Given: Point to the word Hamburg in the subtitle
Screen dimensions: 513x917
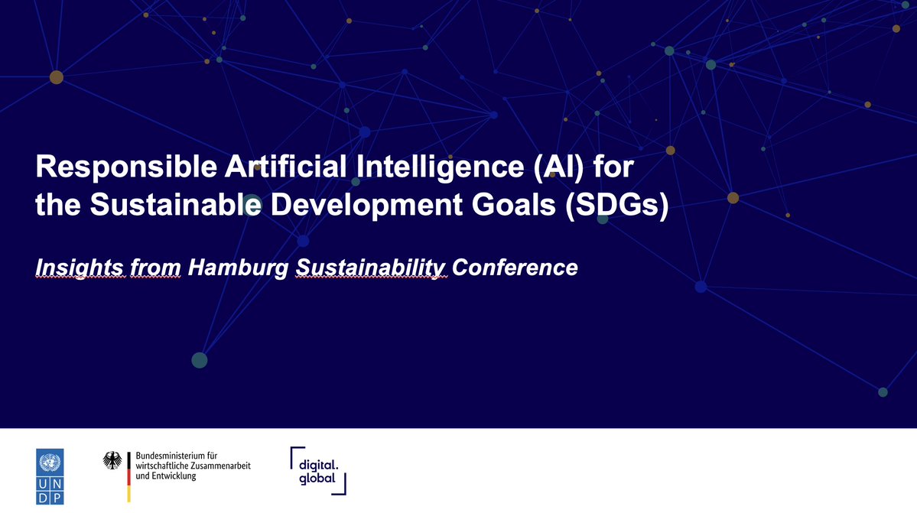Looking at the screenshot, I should tap(232, 268).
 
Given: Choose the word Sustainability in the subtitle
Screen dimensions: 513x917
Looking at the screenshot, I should tap(371, 268).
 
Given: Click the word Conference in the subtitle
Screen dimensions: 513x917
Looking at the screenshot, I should tap(515, 268).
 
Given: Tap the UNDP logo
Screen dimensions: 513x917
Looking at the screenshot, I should tap(50, 476).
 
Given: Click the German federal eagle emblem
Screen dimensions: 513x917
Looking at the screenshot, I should tap(112, 460).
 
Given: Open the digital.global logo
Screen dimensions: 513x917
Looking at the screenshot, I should tap(319, 470).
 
